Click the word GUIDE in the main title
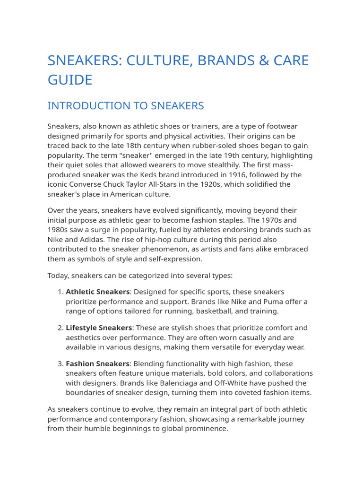coord(70,79)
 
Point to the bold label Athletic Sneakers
coord(97,292)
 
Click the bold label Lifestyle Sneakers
coord(99,328)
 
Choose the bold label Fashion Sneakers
coord(97,363)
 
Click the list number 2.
coord(60,328)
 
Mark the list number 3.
coord(60,363)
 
